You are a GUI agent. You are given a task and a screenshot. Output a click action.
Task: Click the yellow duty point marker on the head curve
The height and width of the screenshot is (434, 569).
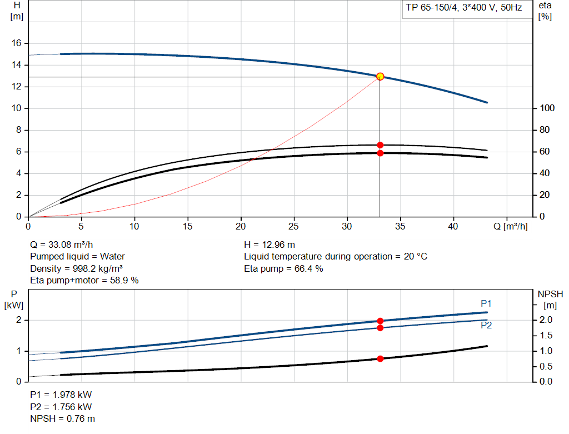point(380,76)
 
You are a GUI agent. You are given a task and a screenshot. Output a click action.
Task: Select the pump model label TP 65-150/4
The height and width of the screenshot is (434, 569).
point(463,9)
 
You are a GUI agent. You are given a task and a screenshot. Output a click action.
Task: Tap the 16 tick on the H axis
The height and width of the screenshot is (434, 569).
point(17,43)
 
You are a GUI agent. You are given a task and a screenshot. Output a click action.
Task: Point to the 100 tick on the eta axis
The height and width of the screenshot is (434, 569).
point(546,108)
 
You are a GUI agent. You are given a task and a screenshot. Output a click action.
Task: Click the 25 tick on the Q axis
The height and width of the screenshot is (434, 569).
point(294,226)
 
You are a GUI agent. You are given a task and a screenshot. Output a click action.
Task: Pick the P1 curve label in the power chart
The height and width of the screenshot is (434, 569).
point(486,303)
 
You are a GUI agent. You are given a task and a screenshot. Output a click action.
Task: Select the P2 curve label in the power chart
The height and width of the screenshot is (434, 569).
point(486,325)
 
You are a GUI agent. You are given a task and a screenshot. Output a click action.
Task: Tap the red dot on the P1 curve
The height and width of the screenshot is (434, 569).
point(380,321)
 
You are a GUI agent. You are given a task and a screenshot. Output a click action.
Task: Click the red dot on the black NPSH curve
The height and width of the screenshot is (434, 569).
point(380,358)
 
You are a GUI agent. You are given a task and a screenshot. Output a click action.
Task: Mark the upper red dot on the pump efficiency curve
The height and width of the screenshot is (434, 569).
point(380,145)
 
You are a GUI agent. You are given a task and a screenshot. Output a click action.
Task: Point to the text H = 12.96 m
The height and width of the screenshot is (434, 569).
point(269,245)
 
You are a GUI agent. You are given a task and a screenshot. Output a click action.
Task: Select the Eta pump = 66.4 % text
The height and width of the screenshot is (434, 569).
point(283,268)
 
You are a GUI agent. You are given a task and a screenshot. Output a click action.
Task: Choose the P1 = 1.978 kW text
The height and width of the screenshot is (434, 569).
point(61,395)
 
